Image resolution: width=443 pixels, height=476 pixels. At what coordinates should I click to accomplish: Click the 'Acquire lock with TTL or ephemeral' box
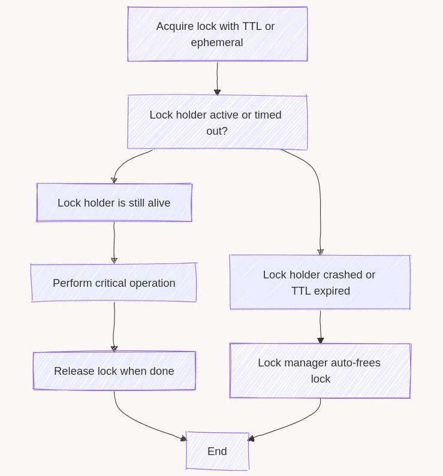[x=217, y=34]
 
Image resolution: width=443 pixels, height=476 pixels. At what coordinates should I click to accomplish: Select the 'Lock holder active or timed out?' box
[x=217, y=122]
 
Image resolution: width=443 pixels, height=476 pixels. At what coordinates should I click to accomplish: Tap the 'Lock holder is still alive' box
[x=114, y=203]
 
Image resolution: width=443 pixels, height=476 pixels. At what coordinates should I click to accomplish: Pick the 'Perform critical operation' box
[x=114, y=283]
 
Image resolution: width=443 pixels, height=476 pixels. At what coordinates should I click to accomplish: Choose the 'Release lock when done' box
[x=114, y=371]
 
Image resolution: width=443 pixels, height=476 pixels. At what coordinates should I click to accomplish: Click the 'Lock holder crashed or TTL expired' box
[x=320, y=283]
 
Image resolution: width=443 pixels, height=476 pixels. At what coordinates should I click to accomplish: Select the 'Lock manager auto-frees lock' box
[x=320, y=371]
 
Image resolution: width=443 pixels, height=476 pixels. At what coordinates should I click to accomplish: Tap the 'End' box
[x=217, y=451]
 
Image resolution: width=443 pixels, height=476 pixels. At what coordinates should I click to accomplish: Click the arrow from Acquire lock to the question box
[x=217, y=77]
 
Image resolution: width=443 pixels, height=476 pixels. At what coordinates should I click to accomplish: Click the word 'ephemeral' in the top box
[x=217, y=43]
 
